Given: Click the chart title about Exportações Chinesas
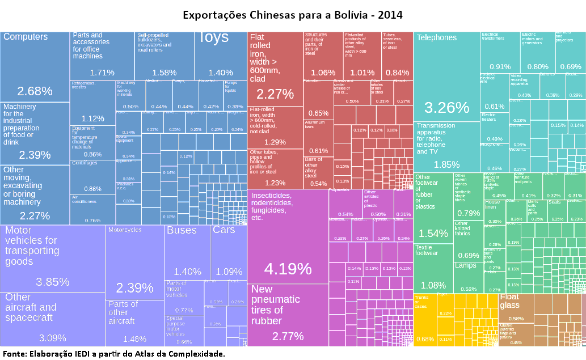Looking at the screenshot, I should (x=293, y=14).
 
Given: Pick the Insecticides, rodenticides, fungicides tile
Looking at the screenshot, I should (x=288, y=235).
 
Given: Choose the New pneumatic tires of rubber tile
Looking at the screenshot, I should (x=288, y=315).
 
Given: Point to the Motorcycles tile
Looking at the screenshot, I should (x=134, y=261).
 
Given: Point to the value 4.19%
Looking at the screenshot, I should (x=288, y=268).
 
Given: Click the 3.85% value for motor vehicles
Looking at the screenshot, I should (x=52, y=282).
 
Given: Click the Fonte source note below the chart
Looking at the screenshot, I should (x=114, y=354).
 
